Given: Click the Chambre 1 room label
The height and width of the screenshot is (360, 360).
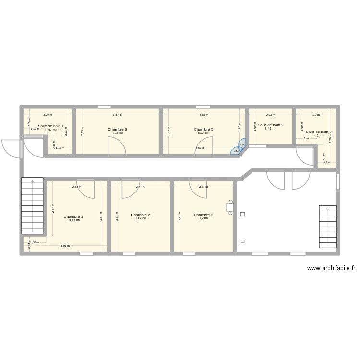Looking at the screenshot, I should point(73,216).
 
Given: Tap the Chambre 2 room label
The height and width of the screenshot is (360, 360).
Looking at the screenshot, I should point(140,215).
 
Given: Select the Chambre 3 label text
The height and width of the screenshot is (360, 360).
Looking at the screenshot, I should point(204,215).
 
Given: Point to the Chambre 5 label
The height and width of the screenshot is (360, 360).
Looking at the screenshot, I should point(204,130).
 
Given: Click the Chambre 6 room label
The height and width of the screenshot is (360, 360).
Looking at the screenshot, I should point(117,130).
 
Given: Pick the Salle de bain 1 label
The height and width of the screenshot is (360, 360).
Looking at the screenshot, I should point(51,126).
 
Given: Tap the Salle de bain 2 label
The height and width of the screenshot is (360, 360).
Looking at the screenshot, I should point(270,125).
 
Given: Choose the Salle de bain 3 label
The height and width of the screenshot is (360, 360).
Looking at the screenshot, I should point(318,132).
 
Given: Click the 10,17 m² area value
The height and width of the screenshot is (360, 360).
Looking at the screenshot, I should point(73,220).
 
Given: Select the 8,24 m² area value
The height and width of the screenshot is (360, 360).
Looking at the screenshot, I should point(117,133).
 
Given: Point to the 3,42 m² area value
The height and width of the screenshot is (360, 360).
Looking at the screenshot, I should point(270,129).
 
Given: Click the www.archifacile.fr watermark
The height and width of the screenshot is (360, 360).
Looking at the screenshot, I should point(331,269).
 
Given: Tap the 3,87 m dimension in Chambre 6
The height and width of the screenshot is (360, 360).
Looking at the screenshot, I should point(117,115).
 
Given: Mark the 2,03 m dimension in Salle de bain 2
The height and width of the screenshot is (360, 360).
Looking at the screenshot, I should point(270,115).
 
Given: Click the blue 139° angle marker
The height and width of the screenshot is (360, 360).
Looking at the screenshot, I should point(242,144).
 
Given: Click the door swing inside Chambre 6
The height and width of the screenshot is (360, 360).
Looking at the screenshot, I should point(117,146).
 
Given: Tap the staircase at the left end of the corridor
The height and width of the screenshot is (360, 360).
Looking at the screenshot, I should point(33,206).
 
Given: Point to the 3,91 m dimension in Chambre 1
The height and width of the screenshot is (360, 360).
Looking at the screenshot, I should point(65,246).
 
